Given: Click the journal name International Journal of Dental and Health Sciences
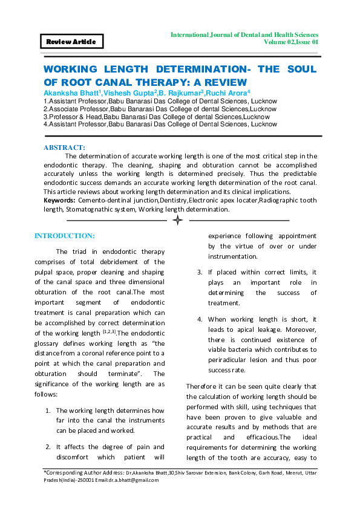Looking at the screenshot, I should [x=244, y=35].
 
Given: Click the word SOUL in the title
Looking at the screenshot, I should [x=298, y=70].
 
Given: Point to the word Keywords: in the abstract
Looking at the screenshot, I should [x=60, y=199].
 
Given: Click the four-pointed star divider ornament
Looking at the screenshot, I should [x=178, y=221].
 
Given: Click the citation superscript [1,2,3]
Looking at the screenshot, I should [x=109, y=332].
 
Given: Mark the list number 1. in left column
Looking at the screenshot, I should [x=48, y=410].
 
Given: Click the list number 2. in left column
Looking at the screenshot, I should [x=48, y=447].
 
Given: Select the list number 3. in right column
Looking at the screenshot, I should [x=200, y=272].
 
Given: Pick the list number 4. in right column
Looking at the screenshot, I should [x=200, y=319].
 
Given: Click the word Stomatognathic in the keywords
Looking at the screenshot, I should [x=85, y=209].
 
